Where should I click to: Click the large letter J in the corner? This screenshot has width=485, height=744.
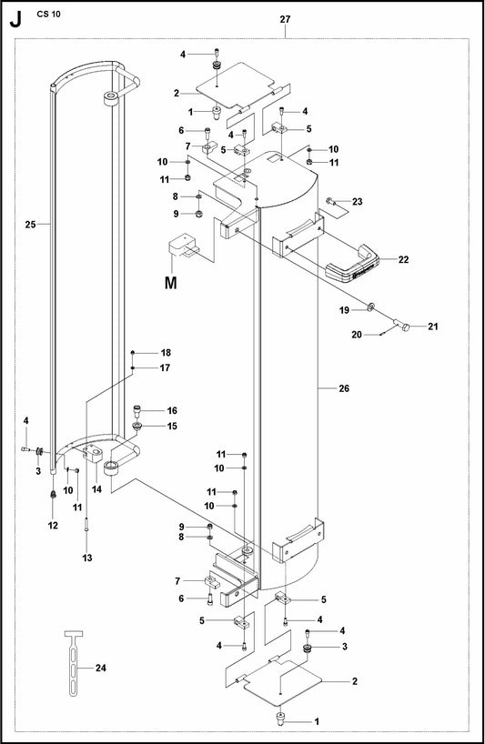16,19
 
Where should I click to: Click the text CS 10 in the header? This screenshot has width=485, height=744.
49,14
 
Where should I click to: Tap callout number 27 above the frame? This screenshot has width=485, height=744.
285,19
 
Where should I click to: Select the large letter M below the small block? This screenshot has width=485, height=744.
171,283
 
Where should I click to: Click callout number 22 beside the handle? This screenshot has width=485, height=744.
403,259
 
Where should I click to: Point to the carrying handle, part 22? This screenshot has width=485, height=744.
352,265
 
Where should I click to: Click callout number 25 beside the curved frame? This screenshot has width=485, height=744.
30,225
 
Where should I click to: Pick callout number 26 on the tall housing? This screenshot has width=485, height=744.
344,388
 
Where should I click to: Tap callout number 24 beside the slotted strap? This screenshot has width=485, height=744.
101,669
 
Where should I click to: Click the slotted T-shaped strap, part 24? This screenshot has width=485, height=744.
74,662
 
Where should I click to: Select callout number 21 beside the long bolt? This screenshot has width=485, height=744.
433,327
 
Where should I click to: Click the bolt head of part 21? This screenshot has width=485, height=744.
404,327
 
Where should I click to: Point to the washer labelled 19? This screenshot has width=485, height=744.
370,305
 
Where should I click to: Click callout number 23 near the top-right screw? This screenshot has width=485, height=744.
358,202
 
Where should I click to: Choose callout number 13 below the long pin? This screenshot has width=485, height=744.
87,558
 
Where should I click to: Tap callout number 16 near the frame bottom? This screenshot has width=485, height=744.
172,411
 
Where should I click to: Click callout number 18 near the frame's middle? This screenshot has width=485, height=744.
165,353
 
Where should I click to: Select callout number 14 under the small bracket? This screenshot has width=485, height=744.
96,489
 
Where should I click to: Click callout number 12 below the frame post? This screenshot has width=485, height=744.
53,526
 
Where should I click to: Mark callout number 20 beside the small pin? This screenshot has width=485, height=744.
357,335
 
